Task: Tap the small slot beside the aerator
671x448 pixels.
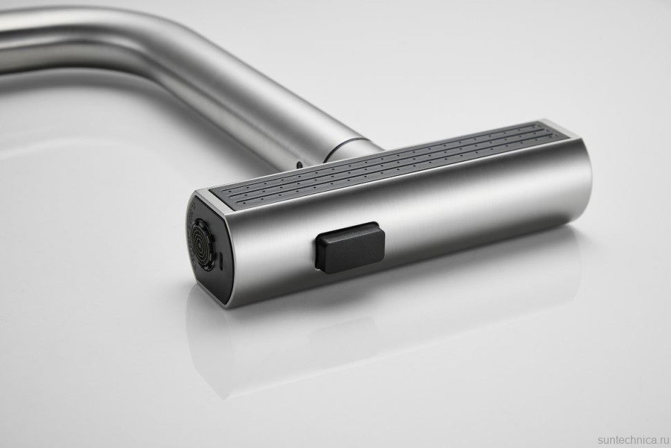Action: tap(221, 262)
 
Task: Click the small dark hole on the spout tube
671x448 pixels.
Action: tap(298, 163)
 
